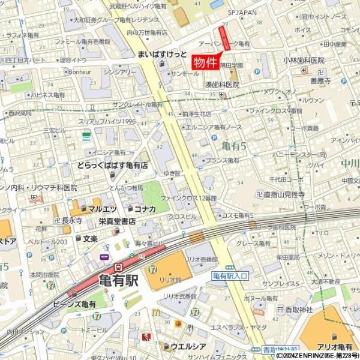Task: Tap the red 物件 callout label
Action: tap(206, 62)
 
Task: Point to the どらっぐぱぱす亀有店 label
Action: tap(112, 164)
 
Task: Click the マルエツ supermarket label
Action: tap(102, 209)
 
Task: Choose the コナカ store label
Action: tap(145, 209)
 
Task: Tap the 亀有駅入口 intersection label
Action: tap(232, 275)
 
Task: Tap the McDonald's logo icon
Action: tap(155, 313)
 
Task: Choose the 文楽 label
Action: tap(90, 238)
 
